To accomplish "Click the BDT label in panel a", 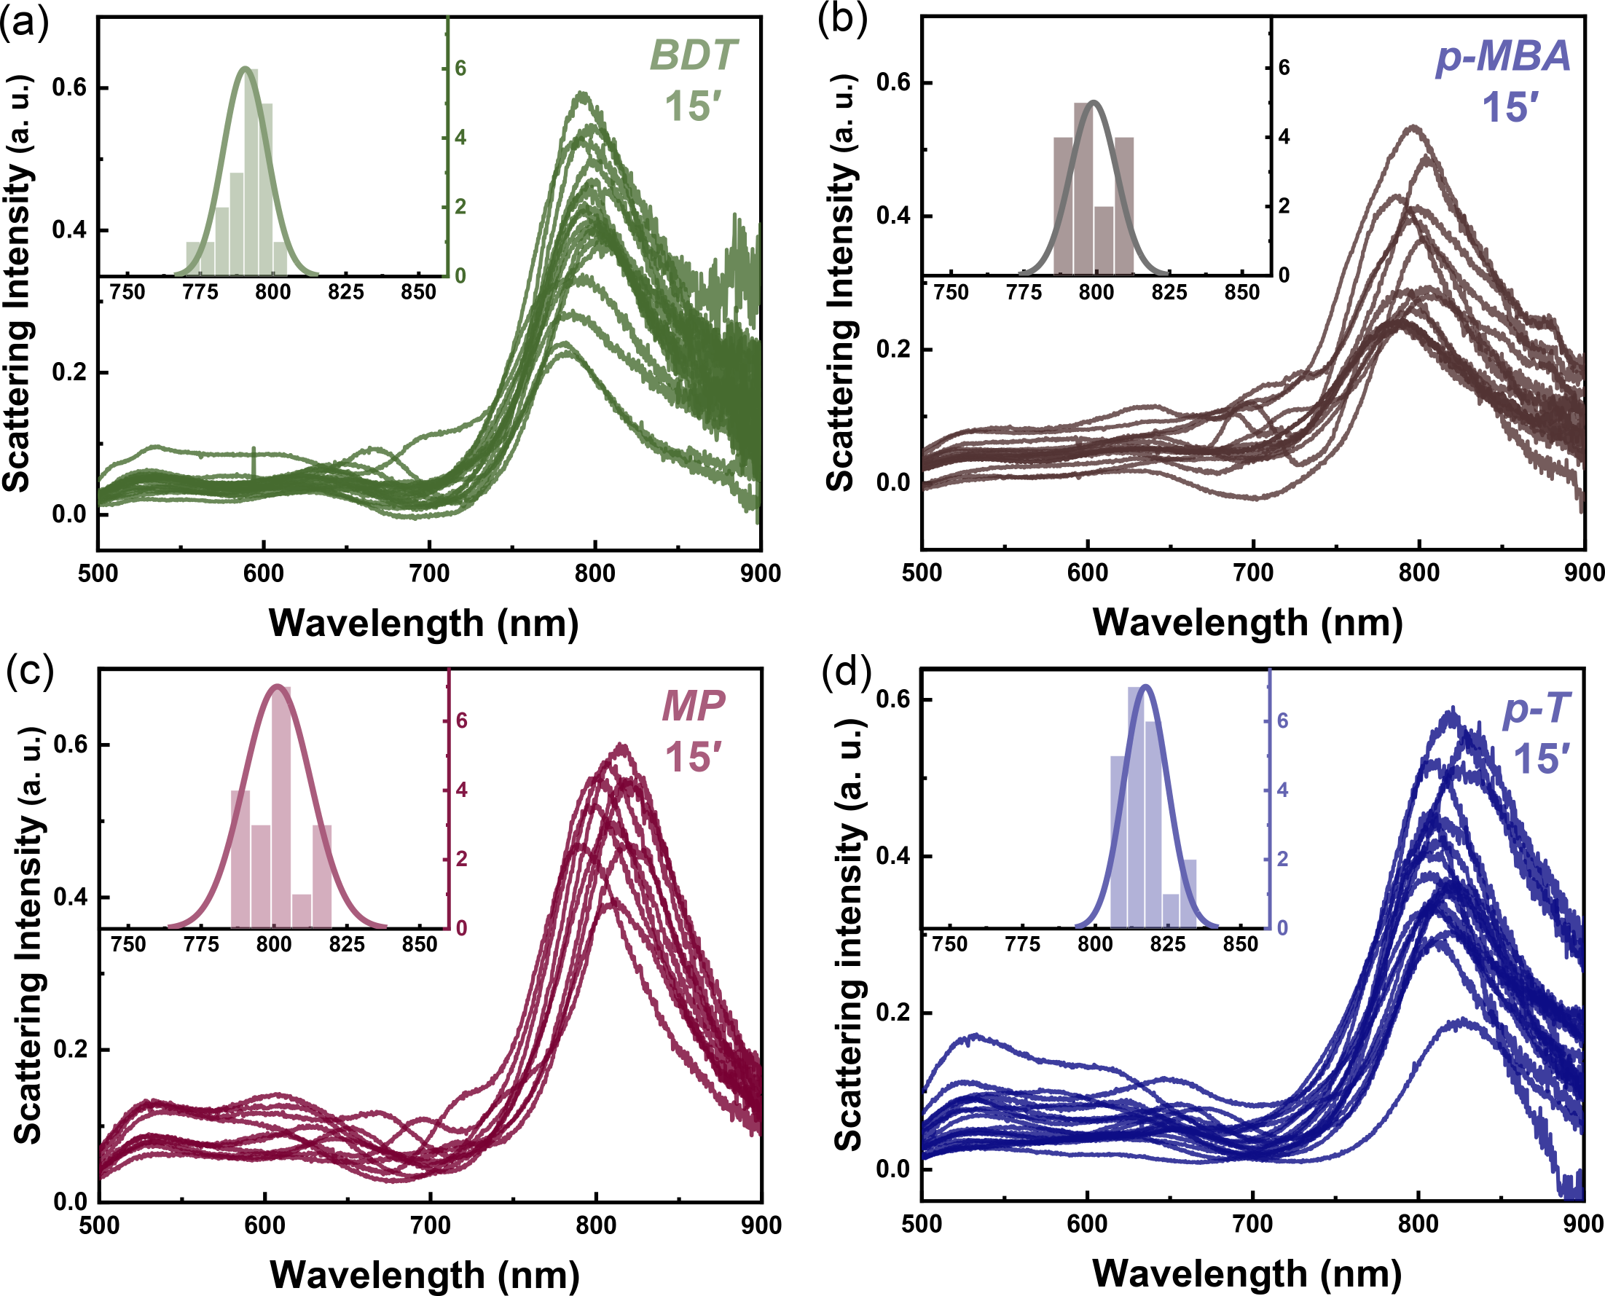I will [694, 56].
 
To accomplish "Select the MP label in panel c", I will [694, 705].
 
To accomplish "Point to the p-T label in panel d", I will [1537, 707].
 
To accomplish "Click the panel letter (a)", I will [24, 23].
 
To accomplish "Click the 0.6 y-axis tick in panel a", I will [68, 88].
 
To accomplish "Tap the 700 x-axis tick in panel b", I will [1253, 573].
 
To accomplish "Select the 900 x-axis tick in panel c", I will [760, 1225].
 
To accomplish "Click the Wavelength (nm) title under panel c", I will [424, 1274].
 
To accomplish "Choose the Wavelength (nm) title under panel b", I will [1247, 623].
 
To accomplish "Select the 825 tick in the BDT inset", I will [345, 292].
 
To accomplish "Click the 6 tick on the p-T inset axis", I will [1282, 721].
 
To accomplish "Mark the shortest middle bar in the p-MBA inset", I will [1104, 240].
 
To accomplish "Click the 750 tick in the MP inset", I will [128, 944].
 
